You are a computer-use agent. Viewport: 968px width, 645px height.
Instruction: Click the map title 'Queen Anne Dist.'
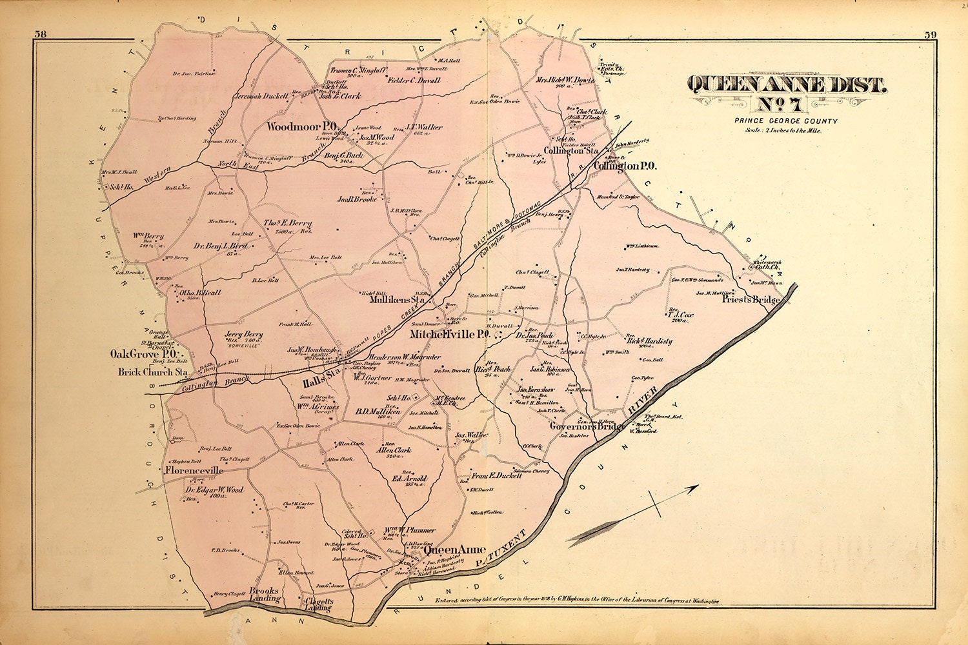[x=787, y=84]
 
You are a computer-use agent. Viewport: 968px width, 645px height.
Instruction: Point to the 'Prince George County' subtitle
[x=785, y=121]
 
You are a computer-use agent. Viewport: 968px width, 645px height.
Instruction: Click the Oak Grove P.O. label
[x=143, y=354]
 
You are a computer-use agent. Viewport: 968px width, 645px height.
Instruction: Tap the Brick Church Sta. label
[x=153, y=372]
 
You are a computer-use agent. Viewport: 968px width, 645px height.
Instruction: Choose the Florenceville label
[x=194, y=471]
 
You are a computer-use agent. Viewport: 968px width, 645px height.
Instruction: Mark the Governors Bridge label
[x=587, y=426]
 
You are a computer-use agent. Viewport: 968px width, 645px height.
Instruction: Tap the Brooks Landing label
[x=264, y=594]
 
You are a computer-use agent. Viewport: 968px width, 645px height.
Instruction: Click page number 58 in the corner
[x=40, y=34]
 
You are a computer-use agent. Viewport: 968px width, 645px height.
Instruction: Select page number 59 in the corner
[x=930, y=34]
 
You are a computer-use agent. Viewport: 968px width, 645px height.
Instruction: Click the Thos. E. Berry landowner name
[x=287, y=223]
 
